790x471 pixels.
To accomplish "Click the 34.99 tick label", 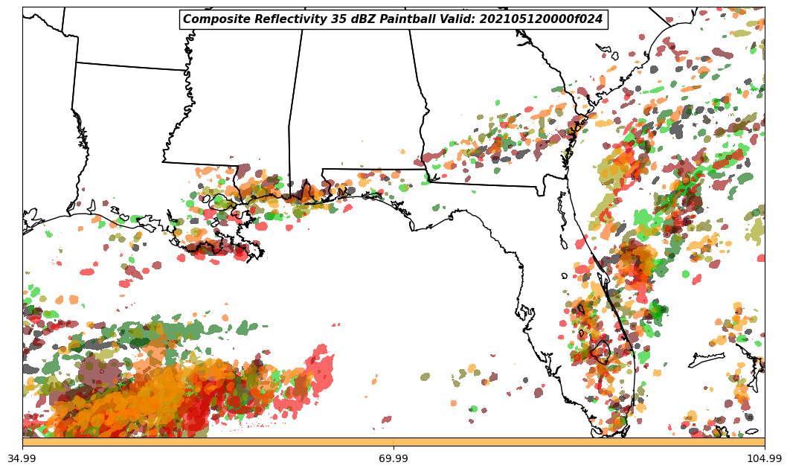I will pyautogui.click(x=22, y=458).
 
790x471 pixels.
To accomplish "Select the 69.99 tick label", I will pyautogui.click(x=394, y=458).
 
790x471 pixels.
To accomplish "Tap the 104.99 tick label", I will pyautogui.click(x=764, y=458).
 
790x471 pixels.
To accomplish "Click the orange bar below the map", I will pyautogui.click(x=394, y=442).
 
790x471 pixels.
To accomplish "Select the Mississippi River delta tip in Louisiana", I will pyautogui.click(x=258, y=257).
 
